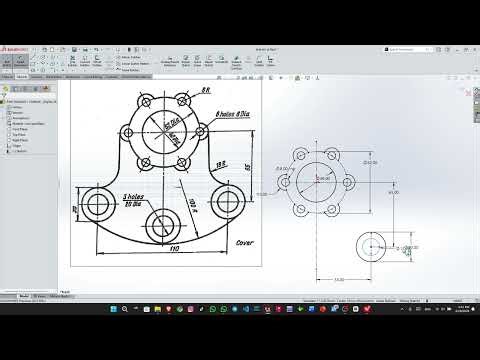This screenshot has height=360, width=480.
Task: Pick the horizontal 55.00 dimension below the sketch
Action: tap(339, 280)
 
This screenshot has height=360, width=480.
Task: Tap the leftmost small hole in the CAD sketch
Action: tap(285, 183)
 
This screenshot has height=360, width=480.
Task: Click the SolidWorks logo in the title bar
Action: tap(18, 47)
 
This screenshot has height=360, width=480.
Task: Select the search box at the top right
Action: tap(413, 47)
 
